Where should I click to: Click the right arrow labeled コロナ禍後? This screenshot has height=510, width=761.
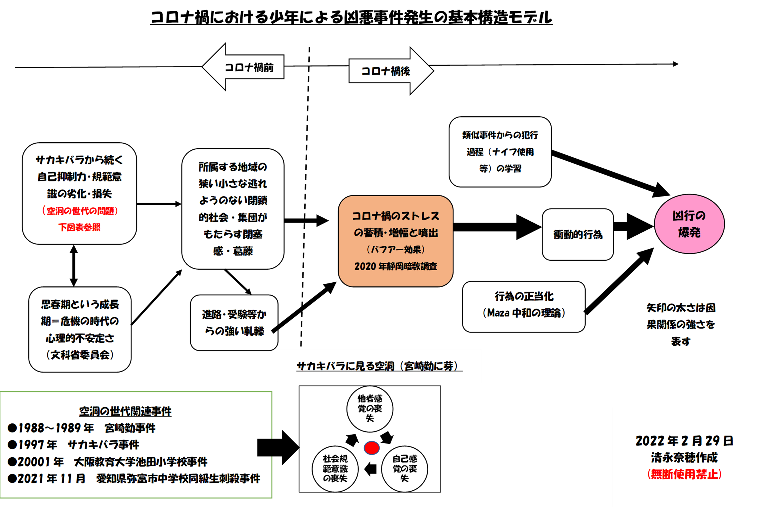[x=390, y=71]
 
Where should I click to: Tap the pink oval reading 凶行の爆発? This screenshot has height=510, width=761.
[x=689, y=224]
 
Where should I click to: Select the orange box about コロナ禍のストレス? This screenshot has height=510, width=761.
[x=395, y=241]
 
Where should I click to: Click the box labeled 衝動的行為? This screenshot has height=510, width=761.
[x=577, y=234]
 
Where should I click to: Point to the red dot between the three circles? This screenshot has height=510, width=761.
[x=372, y=448]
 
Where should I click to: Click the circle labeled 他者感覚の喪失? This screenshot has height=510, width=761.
[x=370, y=409]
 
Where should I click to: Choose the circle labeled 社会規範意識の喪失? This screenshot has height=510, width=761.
[x=335, y=469]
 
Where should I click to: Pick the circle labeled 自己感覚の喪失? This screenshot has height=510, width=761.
[x=405, y=469]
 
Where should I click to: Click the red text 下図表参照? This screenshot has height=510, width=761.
[x=79, y=227]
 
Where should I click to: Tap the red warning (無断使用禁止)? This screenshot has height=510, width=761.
[x=684, y=474]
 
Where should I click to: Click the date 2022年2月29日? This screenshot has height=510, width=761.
[x=684, y=441]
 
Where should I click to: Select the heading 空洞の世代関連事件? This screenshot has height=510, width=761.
[x=125, y=411]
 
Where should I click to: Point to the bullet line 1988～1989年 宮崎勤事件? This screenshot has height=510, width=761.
[x=82, y=428]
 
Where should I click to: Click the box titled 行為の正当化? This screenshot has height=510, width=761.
[x=523, y=306]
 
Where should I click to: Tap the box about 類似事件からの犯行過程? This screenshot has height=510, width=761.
[x=500, y=152]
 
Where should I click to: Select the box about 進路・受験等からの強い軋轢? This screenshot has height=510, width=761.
[x=234, y=323]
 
